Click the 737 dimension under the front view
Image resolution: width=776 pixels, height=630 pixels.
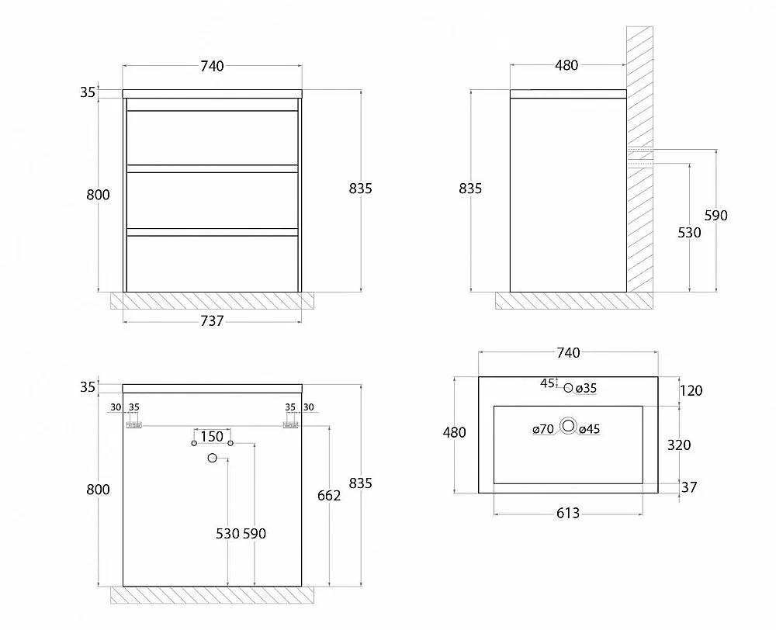pos(212,321)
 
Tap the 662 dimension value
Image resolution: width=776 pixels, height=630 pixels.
pos(329,495)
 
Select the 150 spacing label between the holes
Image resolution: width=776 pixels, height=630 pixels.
pos(212,437)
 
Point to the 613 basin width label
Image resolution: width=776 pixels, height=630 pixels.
pos(568,513)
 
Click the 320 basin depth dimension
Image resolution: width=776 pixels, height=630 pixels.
pos(679,445)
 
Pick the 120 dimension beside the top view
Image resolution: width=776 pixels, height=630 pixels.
pos(691,390)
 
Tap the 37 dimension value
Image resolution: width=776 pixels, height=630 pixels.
pos(689,487)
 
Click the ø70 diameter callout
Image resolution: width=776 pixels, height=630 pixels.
pos(543,429)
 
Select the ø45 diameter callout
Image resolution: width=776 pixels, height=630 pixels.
pos(589,429)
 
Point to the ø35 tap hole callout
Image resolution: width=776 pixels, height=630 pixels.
pos(586,389)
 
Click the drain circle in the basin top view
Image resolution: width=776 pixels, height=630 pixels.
pos(569,426)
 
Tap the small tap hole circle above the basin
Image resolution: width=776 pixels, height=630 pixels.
pos(568,388)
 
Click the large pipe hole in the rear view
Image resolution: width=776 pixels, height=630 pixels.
pos(213,459)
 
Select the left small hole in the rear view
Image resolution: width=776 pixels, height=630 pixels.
pos(194,443)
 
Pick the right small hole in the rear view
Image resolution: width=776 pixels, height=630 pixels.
pos(230,443)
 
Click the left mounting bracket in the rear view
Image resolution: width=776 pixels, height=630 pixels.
pos(134,424)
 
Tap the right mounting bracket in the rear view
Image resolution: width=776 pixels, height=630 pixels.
pos(290,424)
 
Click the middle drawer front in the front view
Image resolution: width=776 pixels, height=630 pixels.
pos(213,200)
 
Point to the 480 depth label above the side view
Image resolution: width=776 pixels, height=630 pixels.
pos(566,65)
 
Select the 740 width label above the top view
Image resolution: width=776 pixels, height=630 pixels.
pos(568,353)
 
